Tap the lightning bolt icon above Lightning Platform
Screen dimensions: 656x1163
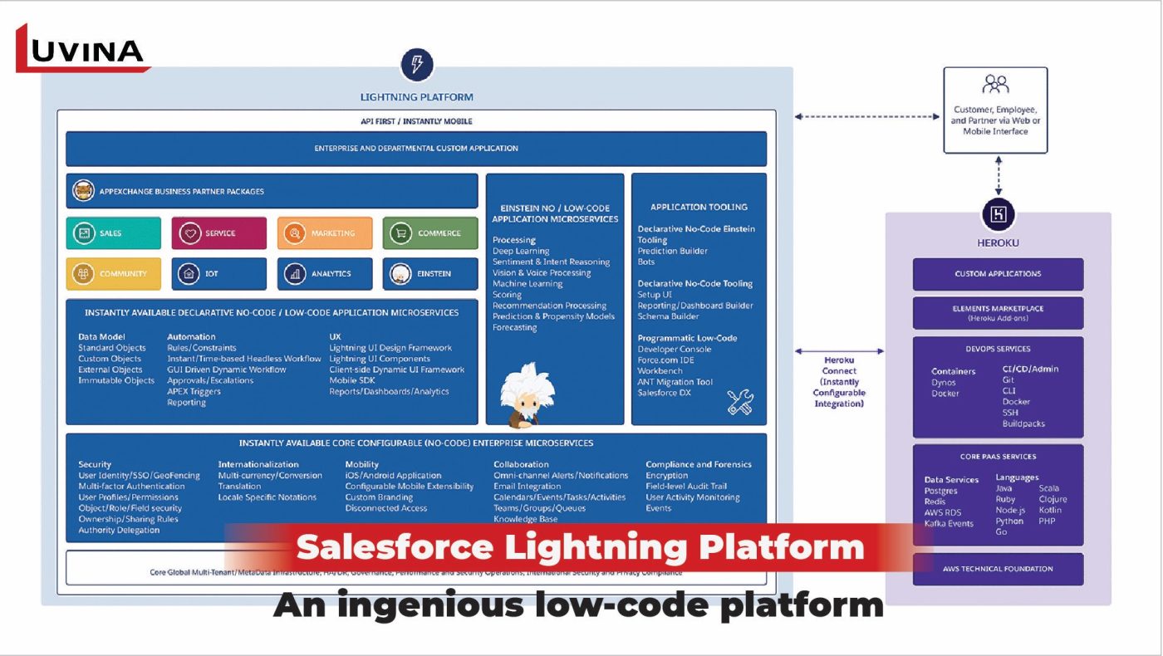[x=417, y=64]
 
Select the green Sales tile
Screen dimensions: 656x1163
[x=114, y=233]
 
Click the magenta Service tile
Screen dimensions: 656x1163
[x=219, y=233]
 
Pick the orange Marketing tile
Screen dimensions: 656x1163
[x=325, y=233]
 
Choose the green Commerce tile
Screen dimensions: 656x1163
[x=430, y=233]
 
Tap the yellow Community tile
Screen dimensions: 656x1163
[x=114, y=273]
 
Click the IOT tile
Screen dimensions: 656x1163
[x=219, y=273]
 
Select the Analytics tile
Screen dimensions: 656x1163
[x=325, y=273]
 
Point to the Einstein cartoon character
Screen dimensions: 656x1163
[x=527, y=394]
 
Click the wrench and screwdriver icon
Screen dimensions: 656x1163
[x=740, y=402]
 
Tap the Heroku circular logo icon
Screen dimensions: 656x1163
[x=998, y=214]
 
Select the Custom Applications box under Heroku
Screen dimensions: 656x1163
[x=998, y=274]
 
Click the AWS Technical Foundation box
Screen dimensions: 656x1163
[x=998, y=569]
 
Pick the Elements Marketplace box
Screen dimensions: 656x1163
[x=998, y=312]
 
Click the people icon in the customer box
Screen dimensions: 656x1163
[x=995, y=85]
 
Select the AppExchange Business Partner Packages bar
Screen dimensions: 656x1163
[x=272, y=191]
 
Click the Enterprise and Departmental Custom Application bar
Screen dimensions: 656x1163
[x=416, y=149]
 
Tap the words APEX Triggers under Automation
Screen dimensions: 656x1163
[x=194, y=391]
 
